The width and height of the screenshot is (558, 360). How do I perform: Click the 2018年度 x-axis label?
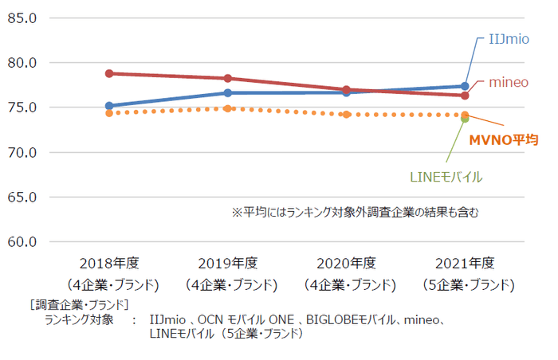click(x=109, y=264)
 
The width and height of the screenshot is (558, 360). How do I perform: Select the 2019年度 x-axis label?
click(x=227, y=264)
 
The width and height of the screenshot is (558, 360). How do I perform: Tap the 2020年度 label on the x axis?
click(x=345, y=264)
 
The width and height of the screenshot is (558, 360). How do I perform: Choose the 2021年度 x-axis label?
click(x=464, y=264)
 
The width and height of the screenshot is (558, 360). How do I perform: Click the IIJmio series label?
click(x=509, y=39)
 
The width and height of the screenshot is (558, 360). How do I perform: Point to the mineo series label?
click(x=509, y=82)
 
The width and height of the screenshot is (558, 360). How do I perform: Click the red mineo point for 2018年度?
click(x=109, y=73)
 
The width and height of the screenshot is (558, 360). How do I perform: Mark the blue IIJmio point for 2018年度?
click(x=109, y=105)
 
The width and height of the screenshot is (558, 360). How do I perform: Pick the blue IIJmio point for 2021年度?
click(x=465, y=86)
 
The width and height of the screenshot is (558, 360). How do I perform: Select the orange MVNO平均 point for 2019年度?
click(x=227, y=108)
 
